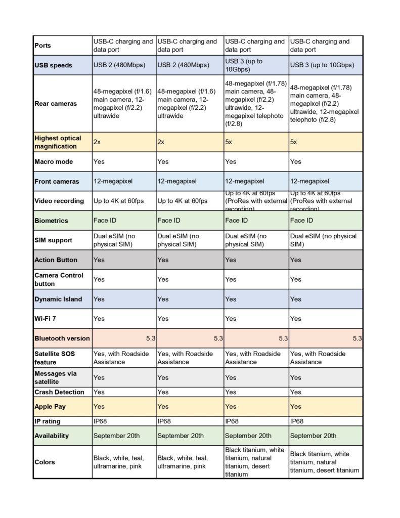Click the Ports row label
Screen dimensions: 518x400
42,46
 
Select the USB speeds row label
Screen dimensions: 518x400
53,65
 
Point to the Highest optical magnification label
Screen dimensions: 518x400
58,142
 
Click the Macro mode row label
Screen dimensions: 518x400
54,162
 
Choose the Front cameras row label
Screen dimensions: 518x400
57,181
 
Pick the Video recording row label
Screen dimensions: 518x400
59,201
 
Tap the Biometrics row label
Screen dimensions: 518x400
51,221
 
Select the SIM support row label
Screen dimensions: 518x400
54,240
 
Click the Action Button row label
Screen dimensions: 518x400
56,260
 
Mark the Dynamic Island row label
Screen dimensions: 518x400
58,299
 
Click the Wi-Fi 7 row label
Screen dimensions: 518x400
45,319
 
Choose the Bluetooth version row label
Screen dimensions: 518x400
62,338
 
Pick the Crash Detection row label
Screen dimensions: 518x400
59,392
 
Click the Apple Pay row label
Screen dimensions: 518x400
50,406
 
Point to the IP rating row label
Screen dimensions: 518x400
48,421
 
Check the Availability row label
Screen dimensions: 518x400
52,436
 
